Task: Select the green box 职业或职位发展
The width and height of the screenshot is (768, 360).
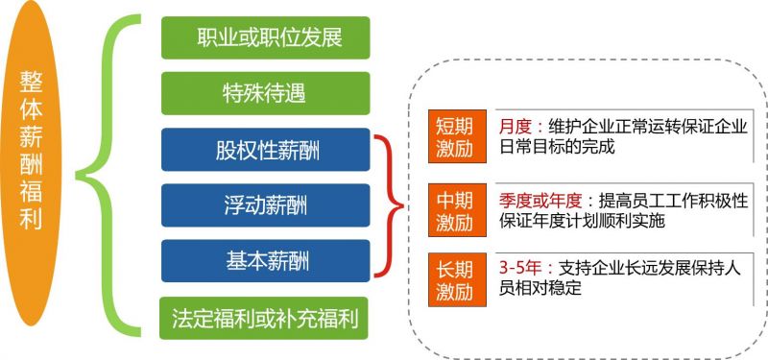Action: (266, 38)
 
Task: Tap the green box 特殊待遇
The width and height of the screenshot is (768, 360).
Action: (266, 93)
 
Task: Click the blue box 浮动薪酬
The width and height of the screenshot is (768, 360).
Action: (266, 204)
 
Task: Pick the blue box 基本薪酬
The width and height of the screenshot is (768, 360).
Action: (266, 260)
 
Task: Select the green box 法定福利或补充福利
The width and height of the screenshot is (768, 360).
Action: (266, 317)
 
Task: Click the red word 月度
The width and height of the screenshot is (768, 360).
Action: (515, 127)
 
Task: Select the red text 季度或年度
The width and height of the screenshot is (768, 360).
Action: (540, 201)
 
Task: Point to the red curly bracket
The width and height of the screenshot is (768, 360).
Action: (388, 204)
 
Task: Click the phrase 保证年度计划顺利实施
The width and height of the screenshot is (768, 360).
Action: (582, 222)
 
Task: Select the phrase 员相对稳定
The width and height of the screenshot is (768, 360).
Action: (540, 288)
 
